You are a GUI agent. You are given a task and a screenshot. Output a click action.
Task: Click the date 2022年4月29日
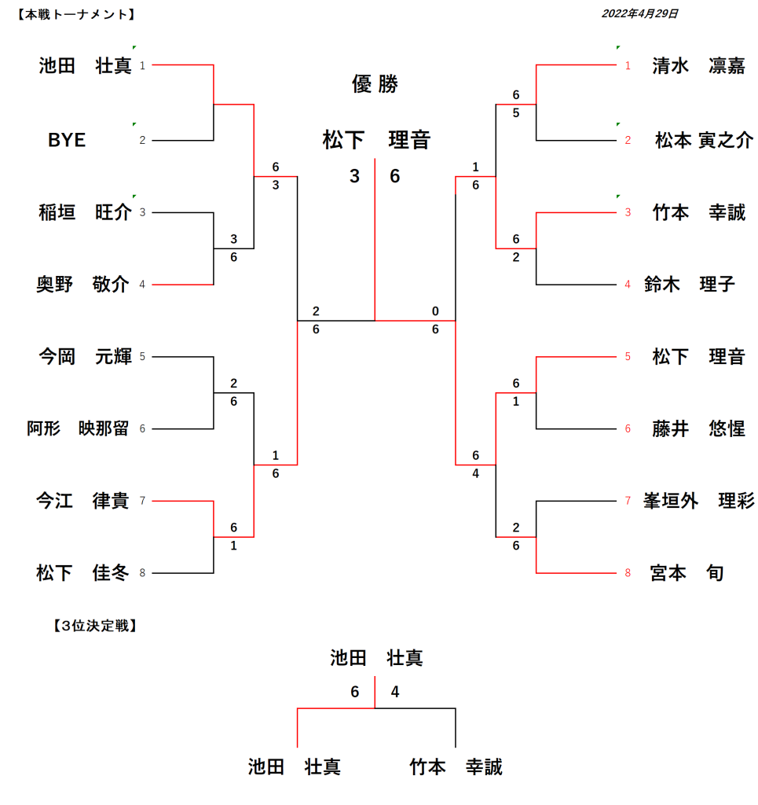(639, 13)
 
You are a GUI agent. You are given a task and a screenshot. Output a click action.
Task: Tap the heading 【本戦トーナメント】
(75, 13)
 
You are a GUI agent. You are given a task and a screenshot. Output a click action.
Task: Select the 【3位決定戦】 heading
(94, 626)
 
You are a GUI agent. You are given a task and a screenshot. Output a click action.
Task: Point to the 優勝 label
(375, 85)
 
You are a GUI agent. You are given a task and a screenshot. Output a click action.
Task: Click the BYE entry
(67, 141)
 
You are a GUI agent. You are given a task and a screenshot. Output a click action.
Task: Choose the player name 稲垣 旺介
(85, 212)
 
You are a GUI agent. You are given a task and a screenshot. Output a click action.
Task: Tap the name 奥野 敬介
(82, 284)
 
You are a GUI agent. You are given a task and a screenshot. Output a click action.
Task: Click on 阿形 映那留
(78, 429)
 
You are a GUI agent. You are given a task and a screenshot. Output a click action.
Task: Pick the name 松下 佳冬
(82, 573)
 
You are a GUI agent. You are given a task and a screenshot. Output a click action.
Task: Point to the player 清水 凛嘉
(698, 66)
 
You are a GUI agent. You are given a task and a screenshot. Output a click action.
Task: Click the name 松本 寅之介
(704, 141)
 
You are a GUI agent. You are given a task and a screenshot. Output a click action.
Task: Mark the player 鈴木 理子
(689, 284)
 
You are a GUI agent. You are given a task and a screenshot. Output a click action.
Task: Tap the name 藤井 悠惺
(698, 429)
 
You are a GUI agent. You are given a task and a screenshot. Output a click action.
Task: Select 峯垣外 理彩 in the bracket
(698, 501)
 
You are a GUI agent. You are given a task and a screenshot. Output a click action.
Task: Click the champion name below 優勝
(376, 141)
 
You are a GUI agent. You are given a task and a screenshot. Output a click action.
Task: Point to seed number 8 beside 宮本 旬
(628, 573)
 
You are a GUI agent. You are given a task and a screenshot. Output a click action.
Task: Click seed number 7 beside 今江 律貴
(142, 501)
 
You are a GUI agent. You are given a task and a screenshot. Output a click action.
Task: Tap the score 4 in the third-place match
(395, 692)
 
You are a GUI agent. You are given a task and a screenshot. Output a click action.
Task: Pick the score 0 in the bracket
(435, 311)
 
